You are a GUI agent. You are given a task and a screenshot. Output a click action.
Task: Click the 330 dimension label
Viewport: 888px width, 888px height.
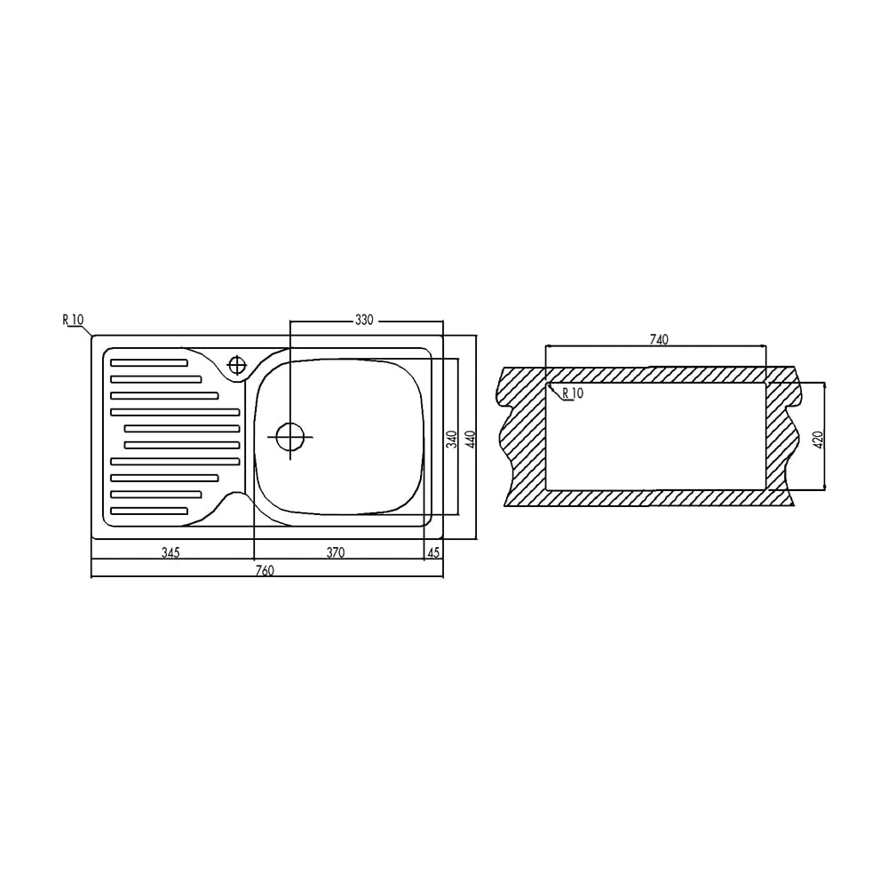[364, 320]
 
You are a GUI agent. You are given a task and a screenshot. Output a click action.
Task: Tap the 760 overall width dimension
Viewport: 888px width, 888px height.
[265, 570]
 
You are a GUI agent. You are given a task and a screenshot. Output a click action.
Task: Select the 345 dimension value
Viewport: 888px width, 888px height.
[170, 552]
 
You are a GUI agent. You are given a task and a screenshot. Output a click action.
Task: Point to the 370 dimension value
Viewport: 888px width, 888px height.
[336, 552]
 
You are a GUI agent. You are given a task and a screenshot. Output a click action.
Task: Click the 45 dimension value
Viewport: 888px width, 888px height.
[433, 552]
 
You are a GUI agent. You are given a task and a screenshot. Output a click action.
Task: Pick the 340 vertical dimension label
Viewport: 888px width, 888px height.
[451, 440]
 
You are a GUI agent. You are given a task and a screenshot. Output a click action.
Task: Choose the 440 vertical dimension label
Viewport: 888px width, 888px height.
[470, 440]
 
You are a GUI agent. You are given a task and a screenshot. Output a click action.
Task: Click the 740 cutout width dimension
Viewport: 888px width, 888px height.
[659, 339]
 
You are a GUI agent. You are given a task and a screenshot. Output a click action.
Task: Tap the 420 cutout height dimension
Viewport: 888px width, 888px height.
[817, 440]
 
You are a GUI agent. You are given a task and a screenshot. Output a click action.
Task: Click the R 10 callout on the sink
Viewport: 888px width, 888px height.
[73, 320]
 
